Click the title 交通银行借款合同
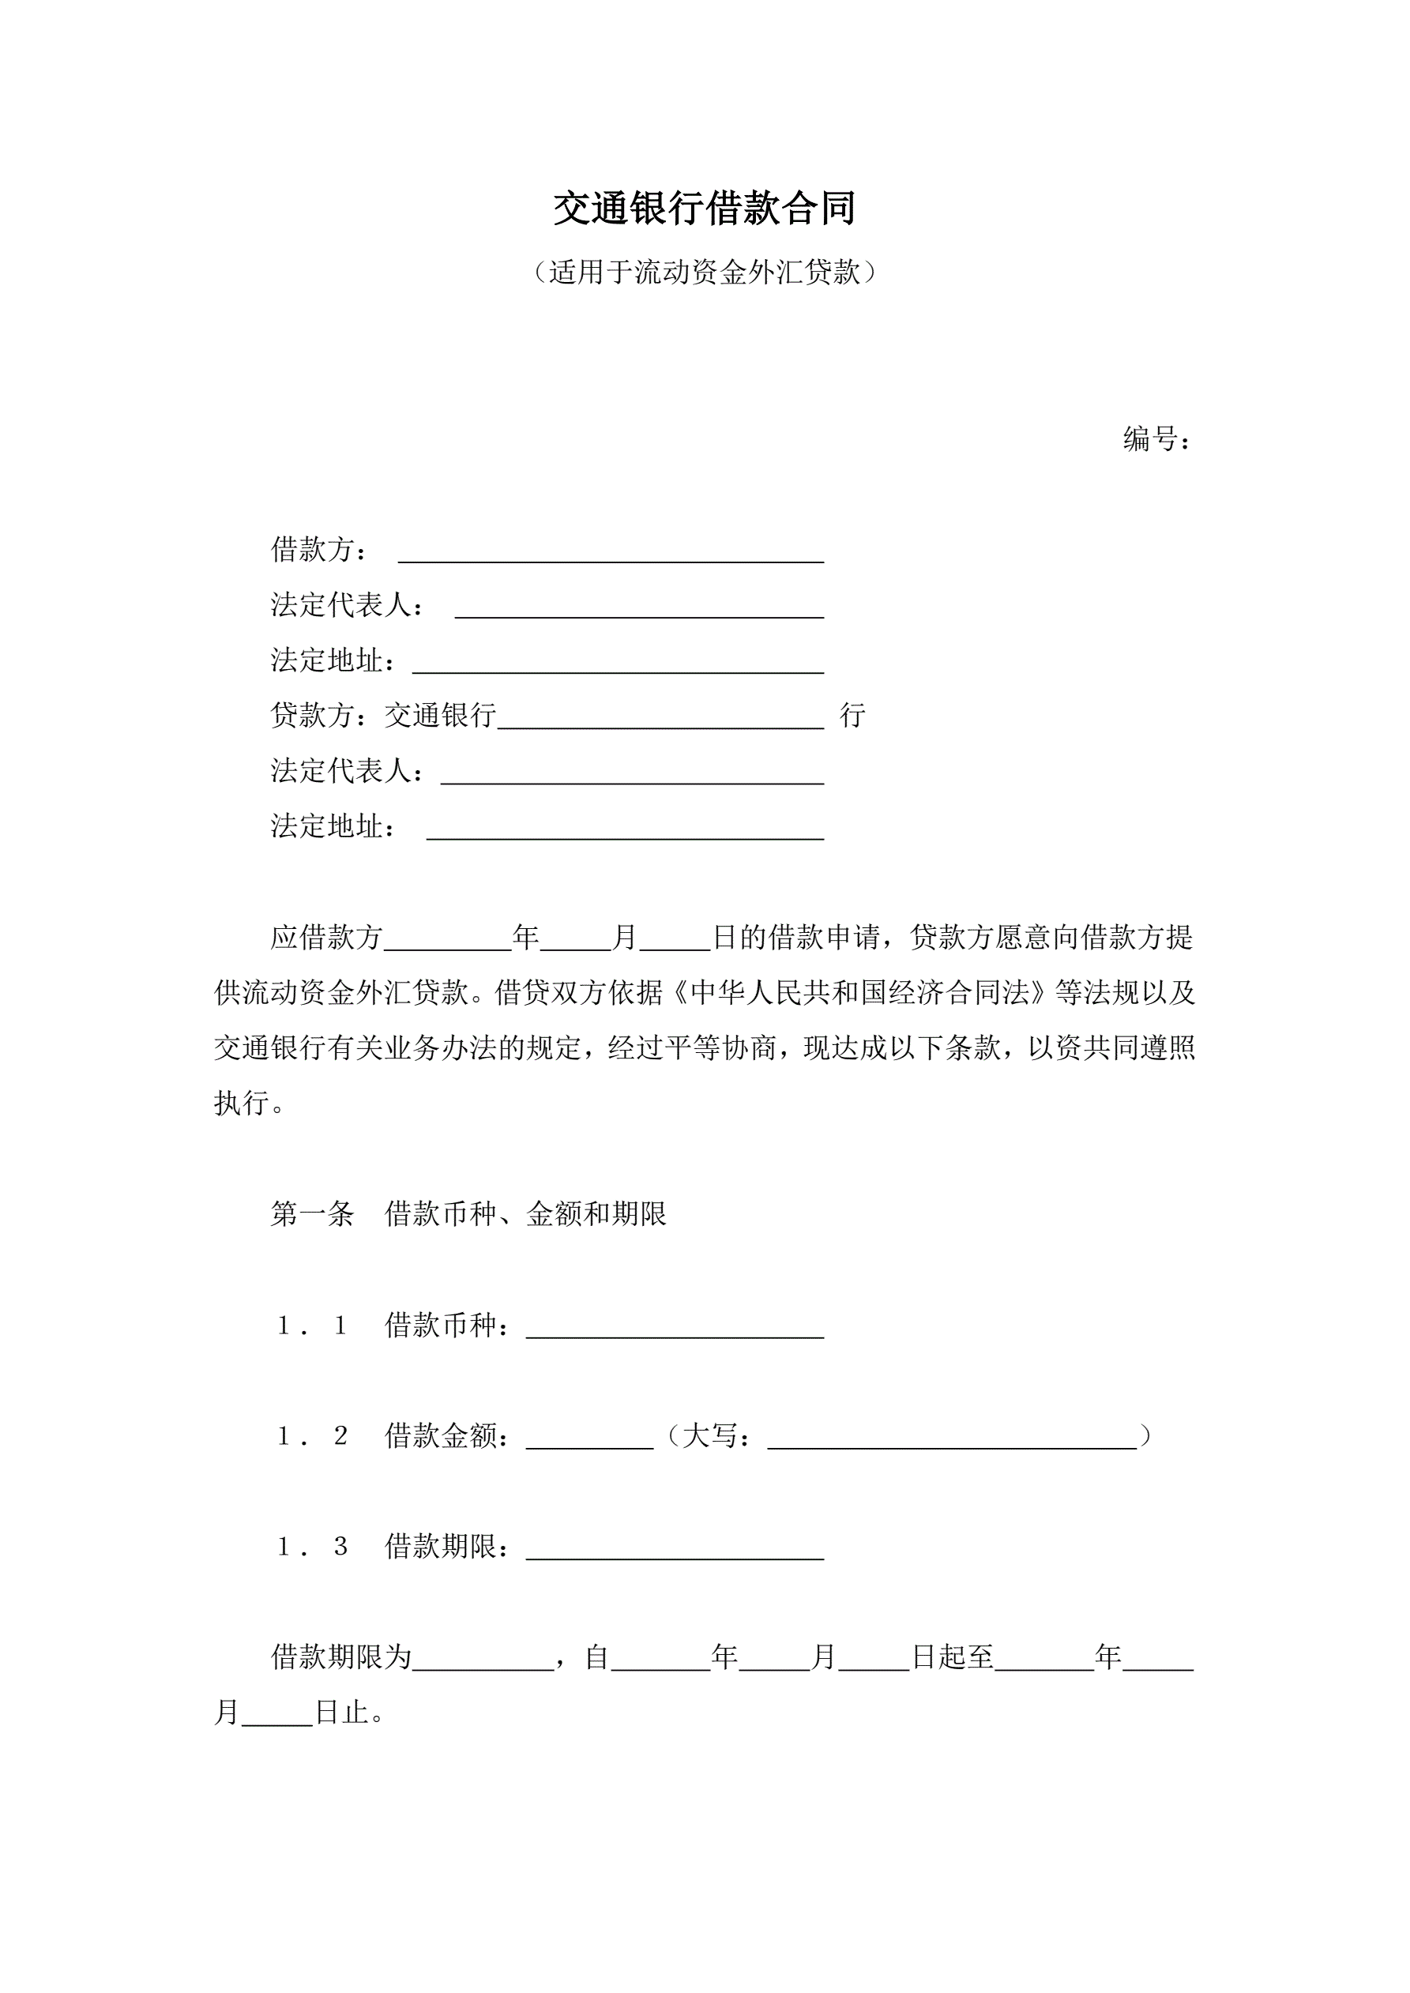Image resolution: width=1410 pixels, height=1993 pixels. tap(704, 209)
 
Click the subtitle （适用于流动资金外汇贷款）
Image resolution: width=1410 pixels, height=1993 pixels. tap(704, 273)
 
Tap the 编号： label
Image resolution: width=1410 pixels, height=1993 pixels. tap(1156, 439)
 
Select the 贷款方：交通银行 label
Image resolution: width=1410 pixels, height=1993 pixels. tap(383, 715)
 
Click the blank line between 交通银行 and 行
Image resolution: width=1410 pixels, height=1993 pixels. tap(660, 720)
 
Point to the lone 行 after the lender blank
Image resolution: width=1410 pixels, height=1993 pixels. tap(852, 715)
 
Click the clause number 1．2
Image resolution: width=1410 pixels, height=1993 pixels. tap(312, 1436)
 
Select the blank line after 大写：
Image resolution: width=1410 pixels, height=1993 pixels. tap(952, 1441)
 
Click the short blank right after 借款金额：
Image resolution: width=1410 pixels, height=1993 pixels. tap(589, 1441)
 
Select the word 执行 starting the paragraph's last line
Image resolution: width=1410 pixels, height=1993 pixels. tap(242, 1103)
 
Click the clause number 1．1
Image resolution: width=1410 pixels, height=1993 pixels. tap(312, 1326)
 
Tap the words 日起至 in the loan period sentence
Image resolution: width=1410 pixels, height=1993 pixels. tap(953, 1657)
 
